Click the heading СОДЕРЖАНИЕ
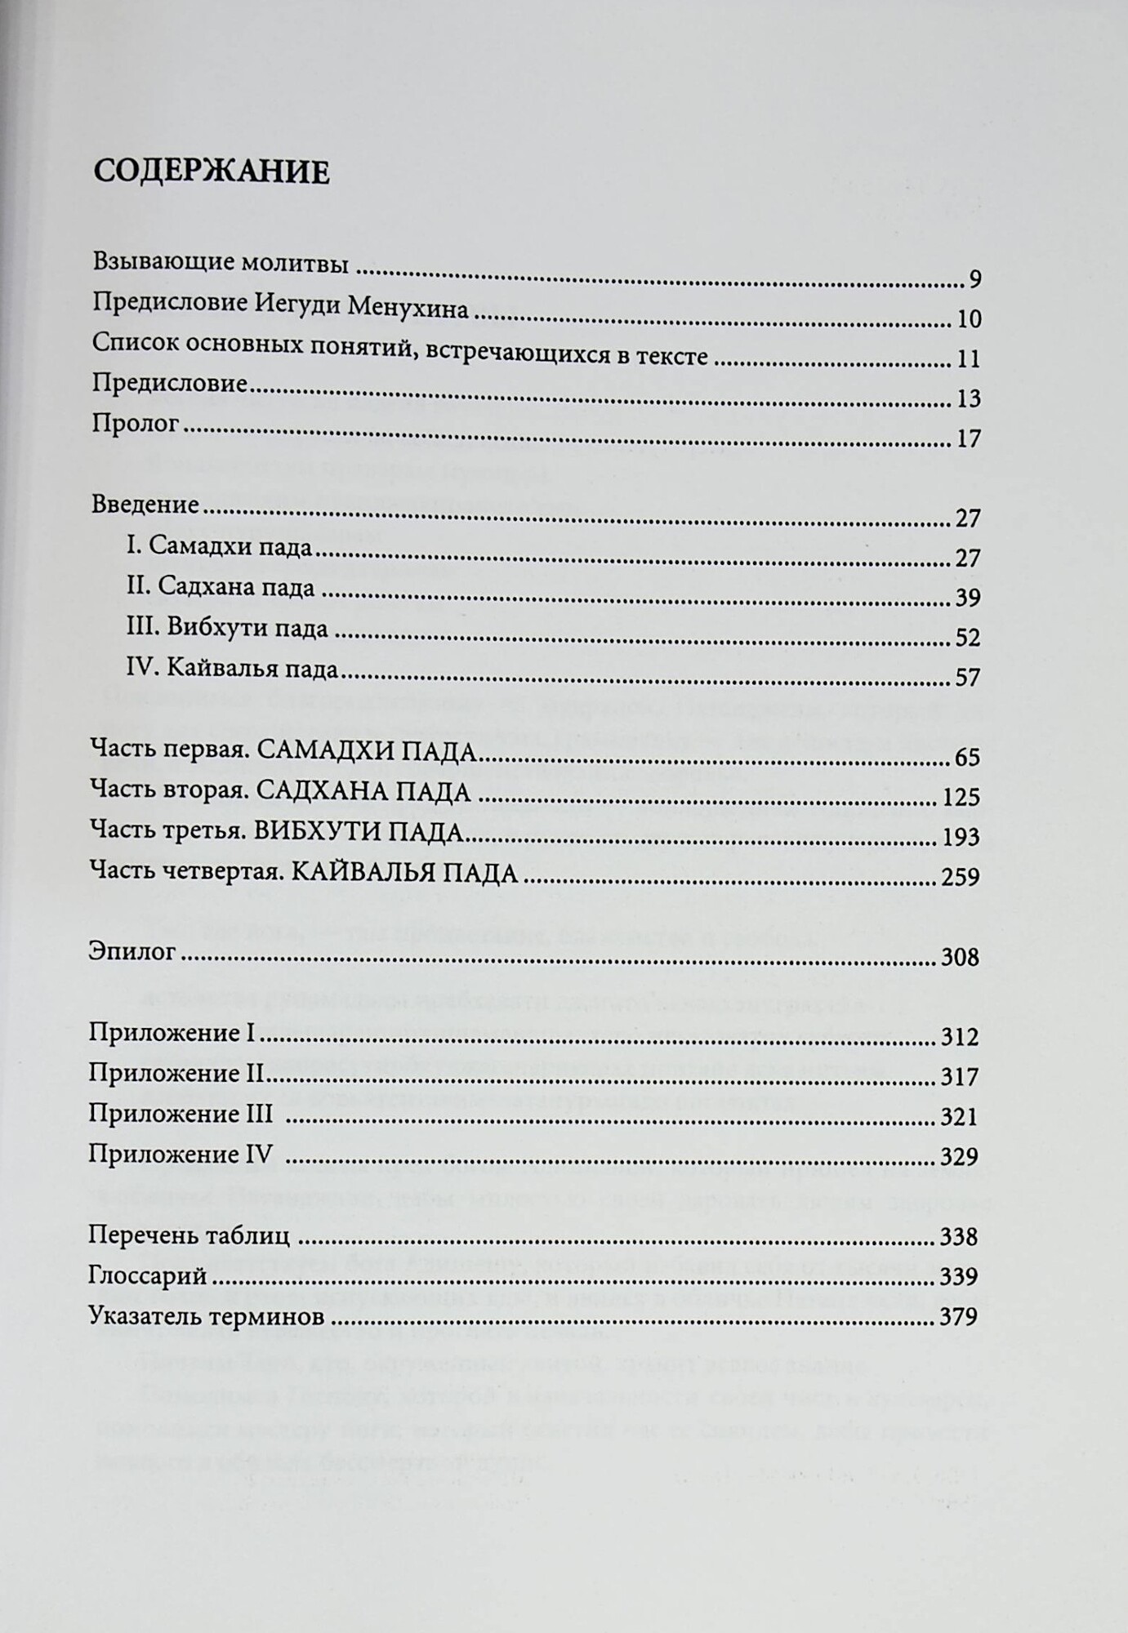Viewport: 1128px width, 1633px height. tap(212, 173)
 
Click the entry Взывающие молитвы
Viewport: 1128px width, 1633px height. tap(221, 263)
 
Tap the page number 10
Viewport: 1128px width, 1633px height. tap(968, 319)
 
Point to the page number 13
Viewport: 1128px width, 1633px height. tap(968, 399)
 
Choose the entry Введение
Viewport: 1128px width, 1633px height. tap(145, 504)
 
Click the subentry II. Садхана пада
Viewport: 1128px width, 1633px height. tap(220, 585)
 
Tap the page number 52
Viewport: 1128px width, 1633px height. tap(968, 638)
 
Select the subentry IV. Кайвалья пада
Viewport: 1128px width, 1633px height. tap(232, 669)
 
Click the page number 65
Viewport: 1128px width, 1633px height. tap(967, 758)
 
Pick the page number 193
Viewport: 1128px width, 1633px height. tap(961, 838)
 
